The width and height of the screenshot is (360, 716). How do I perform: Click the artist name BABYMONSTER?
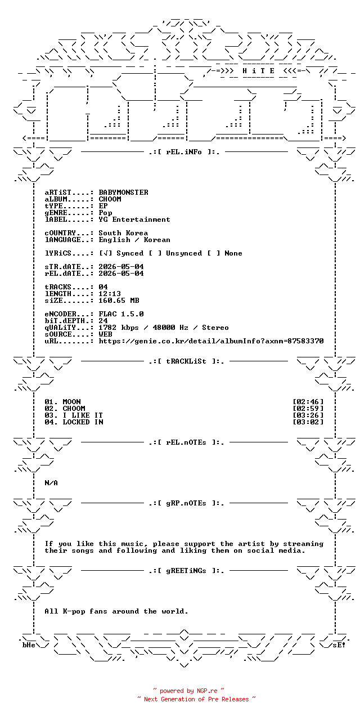tap(123, 193)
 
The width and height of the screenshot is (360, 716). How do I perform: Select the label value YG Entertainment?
tap(134, 220)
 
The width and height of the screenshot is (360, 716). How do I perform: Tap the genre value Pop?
tap(105, 213)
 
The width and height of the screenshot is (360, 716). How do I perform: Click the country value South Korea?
tap(123, 233)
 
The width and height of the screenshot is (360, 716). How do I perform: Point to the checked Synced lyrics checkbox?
tap(105, 253)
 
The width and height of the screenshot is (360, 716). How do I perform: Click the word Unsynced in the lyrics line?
tap(184, 253)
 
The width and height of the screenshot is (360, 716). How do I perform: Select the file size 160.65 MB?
tap(119, 301)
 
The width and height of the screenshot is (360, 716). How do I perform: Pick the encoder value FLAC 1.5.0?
tap(121, 314)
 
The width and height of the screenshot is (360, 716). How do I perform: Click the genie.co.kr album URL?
tap(211, 341)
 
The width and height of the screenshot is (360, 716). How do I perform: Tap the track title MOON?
tap(71, 402)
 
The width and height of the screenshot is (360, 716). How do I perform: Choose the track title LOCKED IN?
tap(83, 422)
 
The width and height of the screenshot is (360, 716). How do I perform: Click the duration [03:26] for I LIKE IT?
tap(308, 415)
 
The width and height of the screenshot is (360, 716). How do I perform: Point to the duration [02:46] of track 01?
tap(308, 402)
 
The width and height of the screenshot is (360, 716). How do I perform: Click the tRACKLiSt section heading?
tap(186, 361)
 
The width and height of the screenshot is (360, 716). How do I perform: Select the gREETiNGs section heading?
tap(186, 571)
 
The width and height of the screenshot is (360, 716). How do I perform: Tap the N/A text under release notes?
tap(51, 482)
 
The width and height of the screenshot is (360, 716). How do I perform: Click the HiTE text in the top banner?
tap(258, 70)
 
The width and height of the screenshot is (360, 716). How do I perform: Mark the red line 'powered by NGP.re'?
tap(188, 691)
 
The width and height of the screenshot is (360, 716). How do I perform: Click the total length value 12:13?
tap(110, 294)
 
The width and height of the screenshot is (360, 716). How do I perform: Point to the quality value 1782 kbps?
tap(119, 328)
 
